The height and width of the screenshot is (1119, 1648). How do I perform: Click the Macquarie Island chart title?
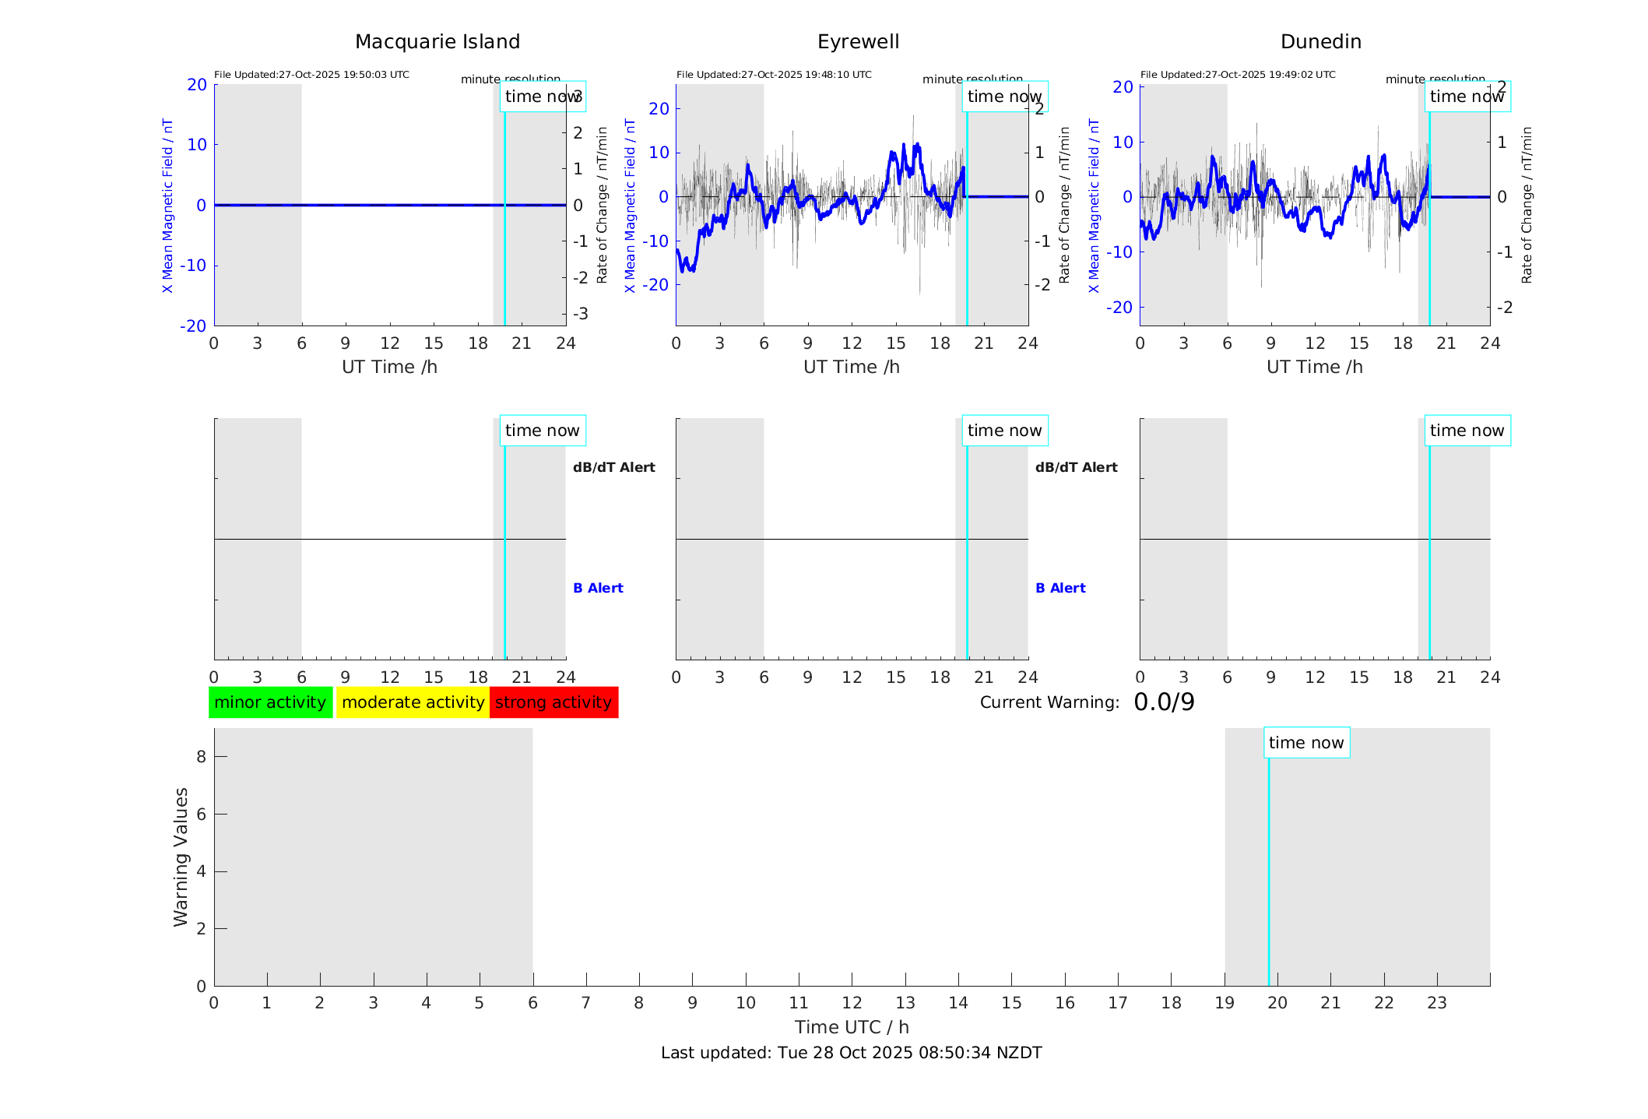click(x=437, y=42)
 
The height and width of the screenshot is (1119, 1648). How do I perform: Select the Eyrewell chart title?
click(x=858, y=42)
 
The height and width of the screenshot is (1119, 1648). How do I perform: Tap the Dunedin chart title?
click(x=1320, y=42)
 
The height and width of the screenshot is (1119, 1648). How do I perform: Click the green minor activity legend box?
click(x=270, y=702)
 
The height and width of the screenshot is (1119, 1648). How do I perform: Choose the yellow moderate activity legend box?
click(x=413, y=702)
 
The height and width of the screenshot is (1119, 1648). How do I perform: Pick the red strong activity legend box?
click(x=553, y=702)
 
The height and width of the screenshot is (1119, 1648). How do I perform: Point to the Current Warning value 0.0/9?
click(x=1164, y=702)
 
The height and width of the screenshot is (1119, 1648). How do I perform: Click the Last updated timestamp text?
click(x=851, y=1053)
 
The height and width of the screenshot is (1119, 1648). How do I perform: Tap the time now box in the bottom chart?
click(x=1306, y=743)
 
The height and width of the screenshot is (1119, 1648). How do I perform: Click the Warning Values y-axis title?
click(x=181, y=857)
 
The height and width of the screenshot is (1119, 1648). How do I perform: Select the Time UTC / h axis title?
click(x=852, y=1027)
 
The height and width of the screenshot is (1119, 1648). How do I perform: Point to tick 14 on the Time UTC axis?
click(x=958, y=1003)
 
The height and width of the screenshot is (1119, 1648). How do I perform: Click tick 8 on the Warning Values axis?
click(x=201, y=756)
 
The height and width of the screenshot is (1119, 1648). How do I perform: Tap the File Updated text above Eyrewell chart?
click(x=774, y=75)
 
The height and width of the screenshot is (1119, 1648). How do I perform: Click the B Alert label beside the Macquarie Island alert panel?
click(x=598, y=588)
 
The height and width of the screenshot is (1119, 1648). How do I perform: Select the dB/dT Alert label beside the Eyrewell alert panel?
click(x=1076, y=467)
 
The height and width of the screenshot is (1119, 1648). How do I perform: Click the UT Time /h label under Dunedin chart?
click(x=1314, y=367)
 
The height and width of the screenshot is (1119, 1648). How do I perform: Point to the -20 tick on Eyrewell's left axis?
click(x=659, y=285)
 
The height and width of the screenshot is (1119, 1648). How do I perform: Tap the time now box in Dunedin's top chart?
click(x=1467, y=97)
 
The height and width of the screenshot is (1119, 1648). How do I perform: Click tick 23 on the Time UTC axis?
click(x=1437, y=1003)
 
